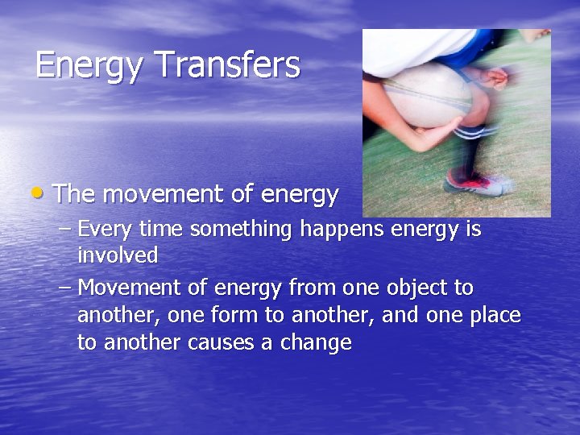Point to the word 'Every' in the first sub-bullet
click(106, 230)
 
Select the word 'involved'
click(118, 255)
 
